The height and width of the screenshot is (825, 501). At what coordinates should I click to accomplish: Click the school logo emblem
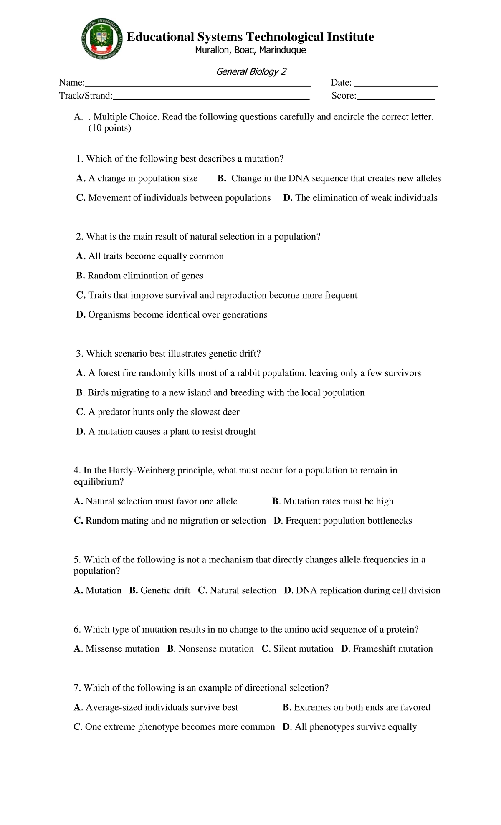(x=102, y=40)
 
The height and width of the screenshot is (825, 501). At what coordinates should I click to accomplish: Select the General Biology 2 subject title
(x=251, y=72)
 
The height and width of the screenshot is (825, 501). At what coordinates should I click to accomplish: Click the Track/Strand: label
(x=86, y=96)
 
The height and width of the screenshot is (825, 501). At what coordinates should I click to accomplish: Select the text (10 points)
(x=110, y=128)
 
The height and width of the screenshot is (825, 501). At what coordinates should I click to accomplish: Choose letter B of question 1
(x=222, y=178)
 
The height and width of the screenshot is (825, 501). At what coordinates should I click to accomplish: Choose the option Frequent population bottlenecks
(x=348, y=521)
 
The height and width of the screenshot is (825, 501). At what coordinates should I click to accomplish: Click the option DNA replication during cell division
(x=367, y=590)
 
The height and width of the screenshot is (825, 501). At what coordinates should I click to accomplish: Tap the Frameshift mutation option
(x=392, y=649)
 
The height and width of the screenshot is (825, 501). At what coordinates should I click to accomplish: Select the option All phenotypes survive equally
(x=355, y=727)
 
